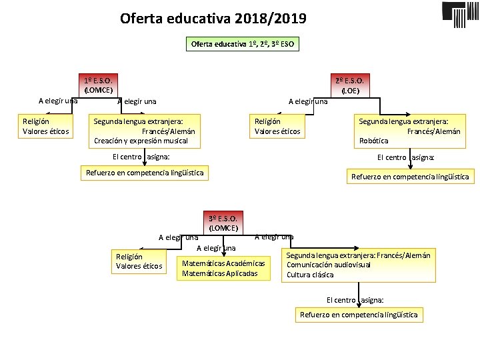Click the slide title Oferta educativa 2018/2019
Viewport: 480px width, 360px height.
coord(213,18)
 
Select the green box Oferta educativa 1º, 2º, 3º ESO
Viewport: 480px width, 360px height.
coord(242,44)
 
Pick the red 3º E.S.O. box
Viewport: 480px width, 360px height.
coord(223,219)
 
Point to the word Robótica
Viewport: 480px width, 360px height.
coord(373,141)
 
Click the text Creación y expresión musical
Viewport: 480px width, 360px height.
coord(141,141)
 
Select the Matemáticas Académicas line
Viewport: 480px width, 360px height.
coord(223,263)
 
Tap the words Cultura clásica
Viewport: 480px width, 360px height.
coord(310,274)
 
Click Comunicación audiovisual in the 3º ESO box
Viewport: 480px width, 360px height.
coord(329,265)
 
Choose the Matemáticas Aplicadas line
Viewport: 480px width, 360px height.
coord(219,273)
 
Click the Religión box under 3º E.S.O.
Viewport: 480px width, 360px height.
coord(139,261)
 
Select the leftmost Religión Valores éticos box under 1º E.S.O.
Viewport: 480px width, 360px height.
coord(45,126)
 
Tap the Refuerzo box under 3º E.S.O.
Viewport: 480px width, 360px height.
coord(359,315)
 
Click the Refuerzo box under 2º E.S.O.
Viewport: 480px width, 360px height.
coord(409,177)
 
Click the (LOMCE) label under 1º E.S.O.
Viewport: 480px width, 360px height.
coord(98,90)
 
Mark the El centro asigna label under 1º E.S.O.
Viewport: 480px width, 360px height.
coord(141,157)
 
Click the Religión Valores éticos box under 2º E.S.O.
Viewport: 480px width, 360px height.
coord(277,126)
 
